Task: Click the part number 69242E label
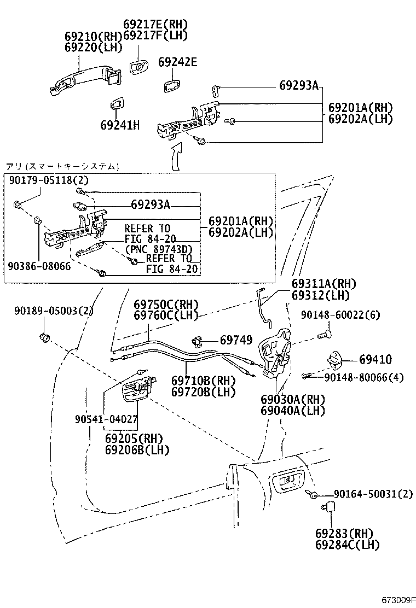[177, 62]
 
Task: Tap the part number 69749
[236, 340]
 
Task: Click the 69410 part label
[375, 359]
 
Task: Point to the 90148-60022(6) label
[340, 315]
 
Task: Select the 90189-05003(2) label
[54, 311]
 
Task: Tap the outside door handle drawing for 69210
[82, 79]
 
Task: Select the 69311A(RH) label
[323, 284]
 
